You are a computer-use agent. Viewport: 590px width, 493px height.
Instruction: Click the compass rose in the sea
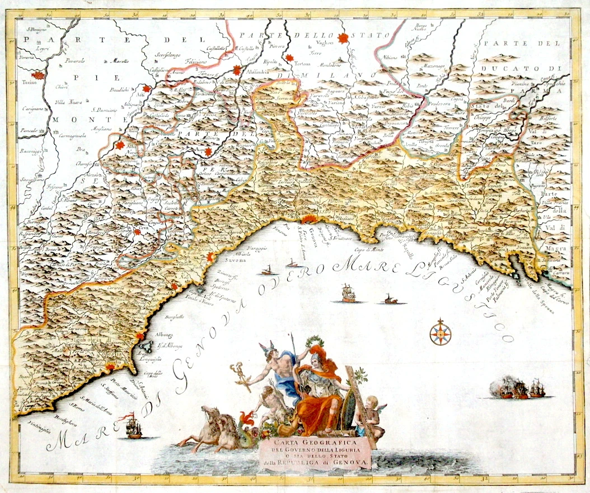point(440,332)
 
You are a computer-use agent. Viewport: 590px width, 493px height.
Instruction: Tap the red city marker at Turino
point(38,76)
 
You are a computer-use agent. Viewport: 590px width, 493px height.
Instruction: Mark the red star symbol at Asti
point(147,89)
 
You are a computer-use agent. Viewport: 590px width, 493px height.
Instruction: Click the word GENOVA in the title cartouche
point(350,463)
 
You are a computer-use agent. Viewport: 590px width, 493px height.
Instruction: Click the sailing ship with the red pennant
point(133,426)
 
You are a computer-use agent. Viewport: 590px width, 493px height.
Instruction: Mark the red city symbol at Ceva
point(137,231)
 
